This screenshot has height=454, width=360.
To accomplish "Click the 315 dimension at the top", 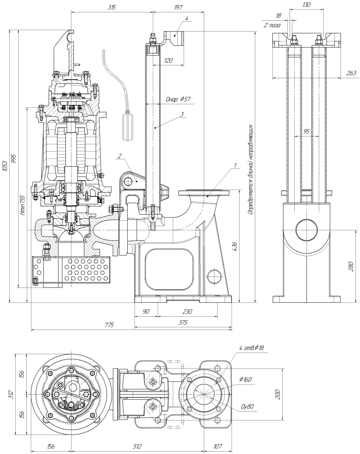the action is pyautogui.click(x=112, y=8).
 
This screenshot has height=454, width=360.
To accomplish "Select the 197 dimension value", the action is pyautogui.click(x=178, y=8).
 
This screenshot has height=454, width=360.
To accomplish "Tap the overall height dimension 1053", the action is pyautogui.click(x=5, y=166).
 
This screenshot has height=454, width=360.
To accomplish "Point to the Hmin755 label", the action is pyautogui.click(x=23, y=205).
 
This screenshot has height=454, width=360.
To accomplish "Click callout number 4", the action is pyautogui.click(x=187, y=18).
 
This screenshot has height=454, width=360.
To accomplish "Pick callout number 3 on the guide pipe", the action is pyautogui.click(x=182, y=114).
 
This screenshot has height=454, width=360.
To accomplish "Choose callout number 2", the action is pyautogui.click(x=120, y=156).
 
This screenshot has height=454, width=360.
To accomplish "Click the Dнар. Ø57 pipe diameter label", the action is pyautogui.click(x=178, y=99).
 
